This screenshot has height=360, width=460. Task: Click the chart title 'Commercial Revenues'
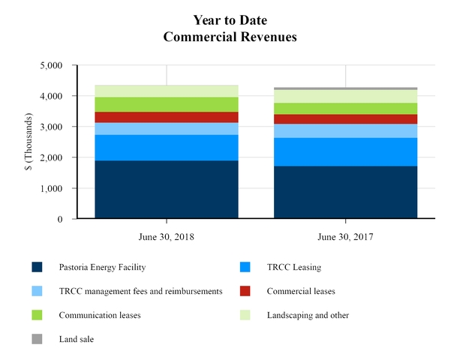pos(229,34)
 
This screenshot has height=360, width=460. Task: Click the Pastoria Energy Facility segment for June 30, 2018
pos(166,190)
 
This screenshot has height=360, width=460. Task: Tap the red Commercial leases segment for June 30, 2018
pos(166,117)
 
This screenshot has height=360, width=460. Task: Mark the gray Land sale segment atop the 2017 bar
pos(345,88)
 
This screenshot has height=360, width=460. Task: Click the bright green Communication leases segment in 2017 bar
pos(345,109)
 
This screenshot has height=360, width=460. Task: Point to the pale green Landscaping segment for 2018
pos(166,91)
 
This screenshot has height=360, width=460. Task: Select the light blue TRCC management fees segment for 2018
pos(166,129)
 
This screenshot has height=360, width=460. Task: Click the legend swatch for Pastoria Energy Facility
pos(37,267)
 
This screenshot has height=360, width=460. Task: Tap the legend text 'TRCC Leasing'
pos(284,267)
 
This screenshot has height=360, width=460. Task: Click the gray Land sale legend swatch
pos(37,339)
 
